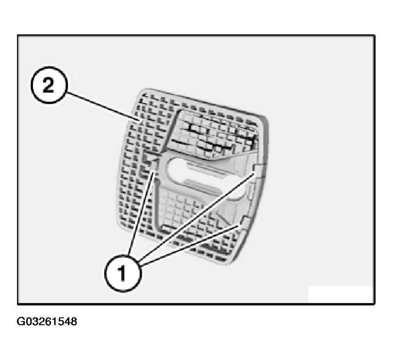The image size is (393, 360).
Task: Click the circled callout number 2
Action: point(49,85)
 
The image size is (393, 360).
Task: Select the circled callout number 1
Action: point(123,273)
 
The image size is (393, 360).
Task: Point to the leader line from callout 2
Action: point(103,106)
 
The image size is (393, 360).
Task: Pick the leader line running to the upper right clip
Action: point(197,216)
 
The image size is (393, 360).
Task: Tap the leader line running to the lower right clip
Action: point(190,245)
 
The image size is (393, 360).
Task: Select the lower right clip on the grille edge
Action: point(244,222)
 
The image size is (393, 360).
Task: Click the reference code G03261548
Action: point(47,321)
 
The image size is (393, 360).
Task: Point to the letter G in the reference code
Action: point(20,321)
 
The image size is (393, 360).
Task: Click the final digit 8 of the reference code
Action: point(73,321)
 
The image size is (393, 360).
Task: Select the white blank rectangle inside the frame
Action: point(340,294)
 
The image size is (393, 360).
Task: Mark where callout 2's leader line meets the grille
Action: point(140,121)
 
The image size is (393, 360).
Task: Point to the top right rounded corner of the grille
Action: point(264,119)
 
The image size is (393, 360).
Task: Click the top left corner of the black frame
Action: point(18,36)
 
